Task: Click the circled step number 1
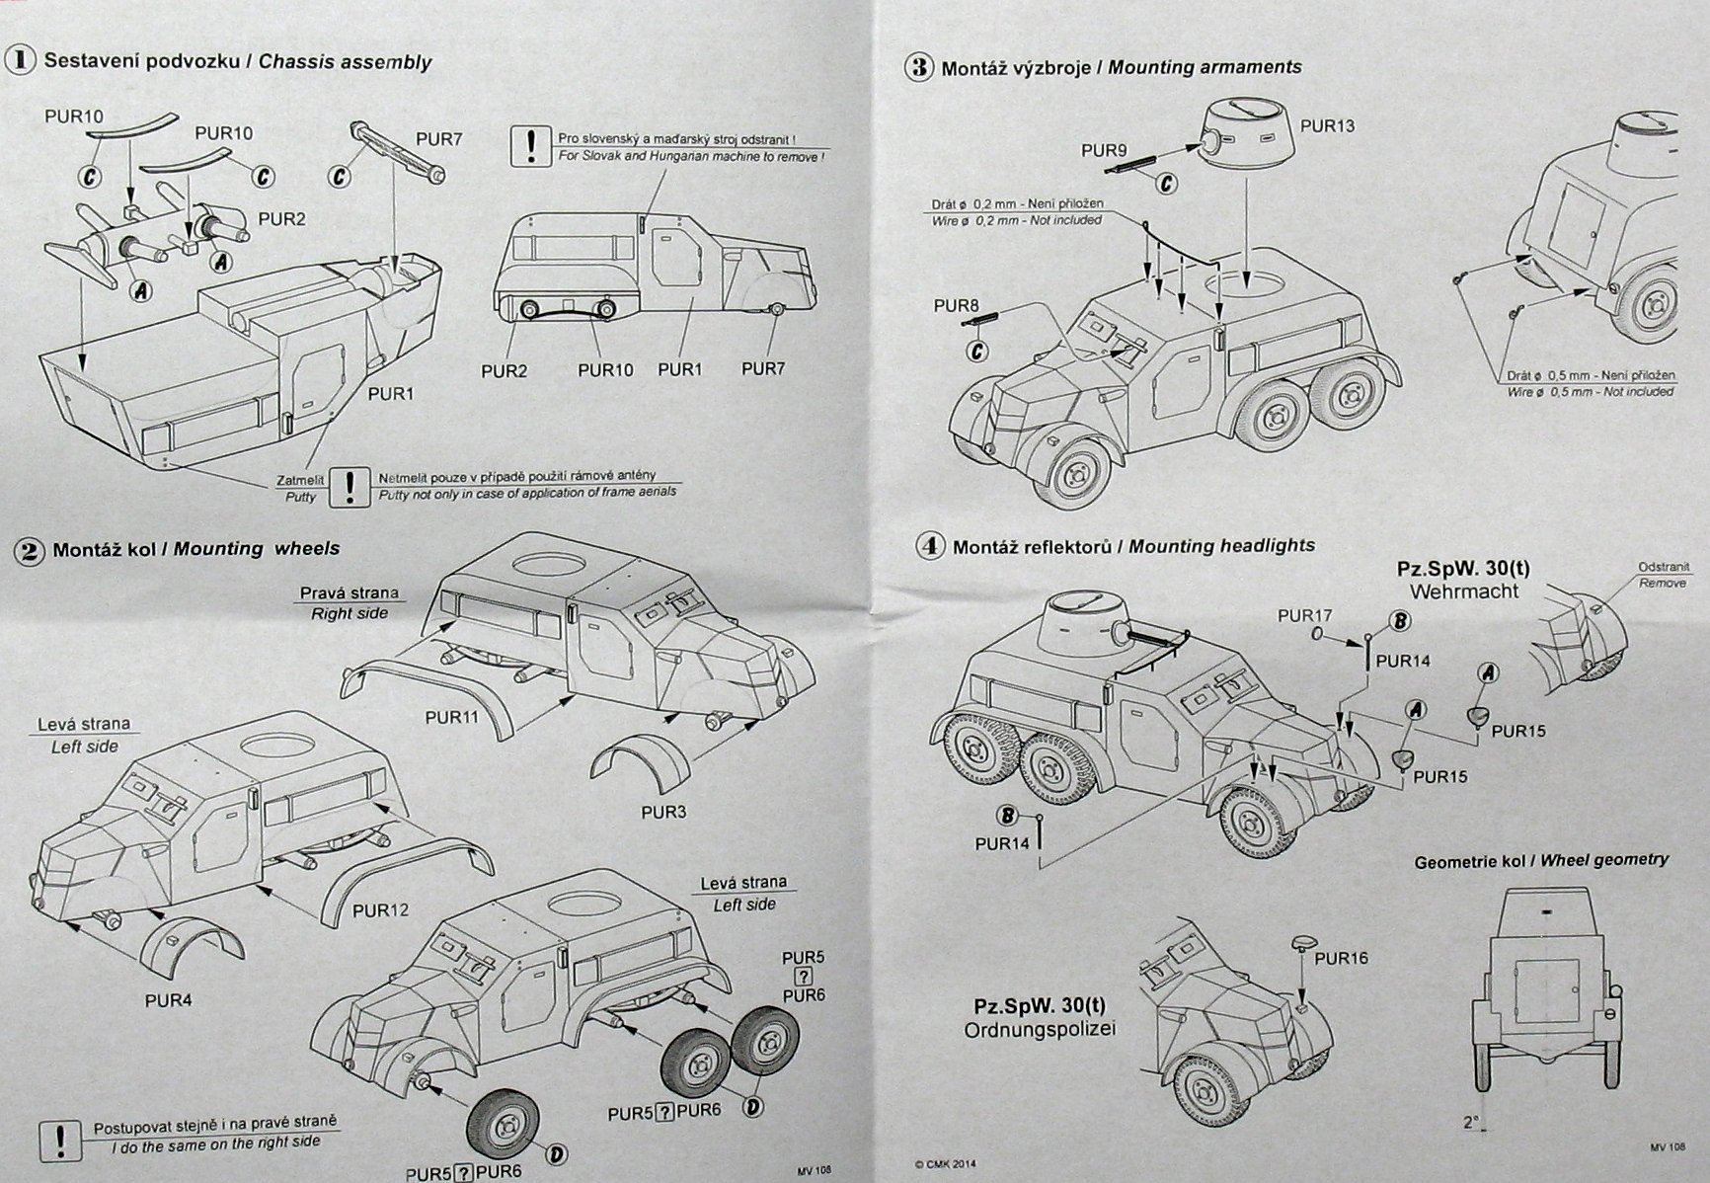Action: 20,60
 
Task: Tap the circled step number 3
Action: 919,68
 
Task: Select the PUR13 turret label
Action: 1327,126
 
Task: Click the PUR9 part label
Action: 1104,150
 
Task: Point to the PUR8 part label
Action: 956,306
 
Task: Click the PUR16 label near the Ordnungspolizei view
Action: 1341,958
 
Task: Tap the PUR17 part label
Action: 1304,615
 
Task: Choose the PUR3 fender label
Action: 663,812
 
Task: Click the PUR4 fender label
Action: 168,999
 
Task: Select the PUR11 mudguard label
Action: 451,718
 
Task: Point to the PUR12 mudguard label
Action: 380,909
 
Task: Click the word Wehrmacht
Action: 1464,591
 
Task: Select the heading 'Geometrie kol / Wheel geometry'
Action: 1541,860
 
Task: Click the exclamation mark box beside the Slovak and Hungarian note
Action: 531,147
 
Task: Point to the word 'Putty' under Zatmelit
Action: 300,497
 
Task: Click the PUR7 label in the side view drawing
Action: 763,368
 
